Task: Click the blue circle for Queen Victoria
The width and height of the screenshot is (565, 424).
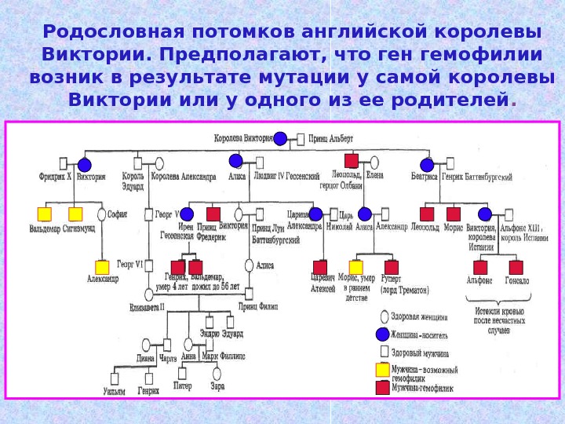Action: [x=280, y=139]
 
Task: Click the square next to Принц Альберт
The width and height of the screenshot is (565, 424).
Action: [x=301, y=140]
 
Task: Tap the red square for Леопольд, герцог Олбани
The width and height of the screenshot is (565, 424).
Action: [x=351, y=160]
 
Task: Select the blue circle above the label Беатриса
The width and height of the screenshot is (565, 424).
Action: [x=427, y=165]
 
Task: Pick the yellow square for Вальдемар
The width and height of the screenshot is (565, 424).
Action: [x=45, y=214]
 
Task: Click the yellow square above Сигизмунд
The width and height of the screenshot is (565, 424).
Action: [x=75, y=214]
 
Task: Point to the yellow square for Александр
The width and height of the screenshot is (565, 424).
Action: [x=102, y=267]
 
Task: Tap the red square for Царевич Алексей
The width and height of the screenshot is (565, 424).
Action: [x=320, y=267]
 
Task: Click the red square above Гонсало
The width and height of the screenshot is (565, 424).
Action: [x=516, y=267]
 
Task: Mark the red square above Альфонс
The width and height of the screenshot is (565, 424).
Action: [x=480, y=267]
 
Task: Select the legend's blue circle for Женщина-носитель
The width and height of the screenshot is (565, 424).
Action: [x=382, y=334]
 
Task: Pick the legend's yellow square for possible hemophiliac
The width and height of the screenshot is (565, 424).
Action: [x=382, y=369]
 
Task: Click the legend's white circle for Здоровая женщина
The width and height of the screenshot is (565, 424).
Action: [x=382, y=317]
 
